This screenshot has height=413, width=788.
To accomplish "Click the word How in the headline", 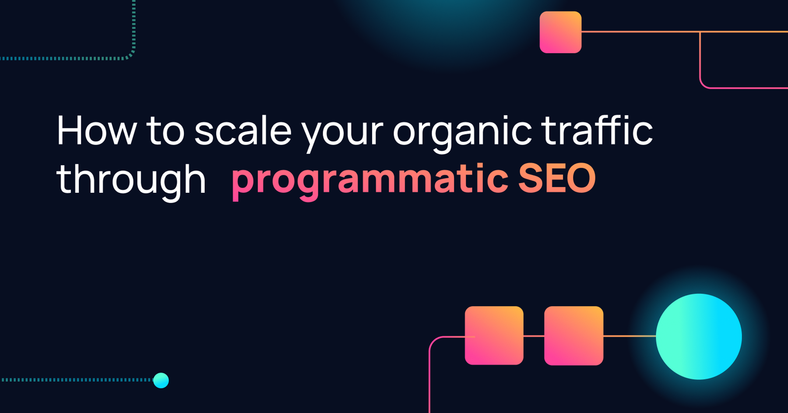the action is pyautogui.click(x=96, y=130).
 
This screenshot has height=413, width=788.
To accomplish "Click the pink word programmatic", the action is pyautogui.click(x=370, y=181).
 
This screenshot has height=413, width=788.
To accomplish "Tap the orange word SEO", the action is pyautogui.click(x=557, y=178).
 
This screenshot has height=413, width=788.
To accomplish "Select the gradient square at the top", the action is pyautogui.click(x=560, y=32).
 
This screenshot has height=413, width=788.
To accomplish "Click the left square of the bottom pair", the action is pyautogui.click(x=494, y=335).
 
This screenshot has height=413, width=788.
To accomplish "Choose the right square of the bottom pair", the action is pyautogui.click(x=573, y=335).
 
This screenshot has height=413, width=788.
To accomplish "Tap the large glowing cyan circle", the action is pyautogui.click(x=699, y=336).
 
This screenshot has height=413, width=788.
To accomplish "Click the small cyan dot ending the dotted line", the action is pyautogui.click(x=161, y=380).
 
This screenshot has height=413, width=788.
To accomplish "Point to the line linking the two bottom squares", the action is pyautogui.click(x=534, y=336).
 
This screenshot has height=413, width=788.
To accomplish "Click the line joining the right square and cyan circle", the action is pyautogui.click(x=630, y=336).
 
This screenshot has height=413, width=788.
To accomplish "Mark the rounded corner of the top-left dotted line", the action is pyautogui.click(x=130, y=55).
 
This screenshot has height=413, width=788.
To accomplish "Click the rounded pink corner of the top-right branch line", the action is pyautogui.click(x=703, y=85).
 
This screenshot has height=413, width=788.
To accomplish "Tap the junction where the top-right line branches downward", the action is pyautogui.click(x=700, y=32).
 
